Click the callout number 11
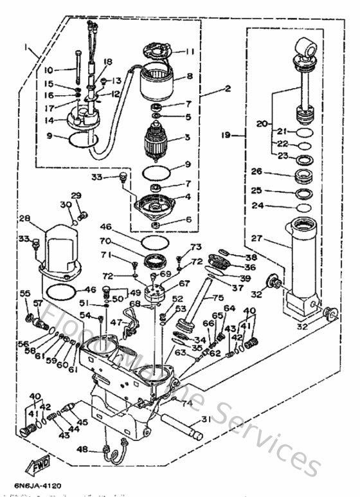tap(190, 52)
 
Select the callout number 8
tap(190, 76)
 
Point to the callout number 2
tap(209, 88)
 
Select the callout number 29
tap(76, 195)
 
